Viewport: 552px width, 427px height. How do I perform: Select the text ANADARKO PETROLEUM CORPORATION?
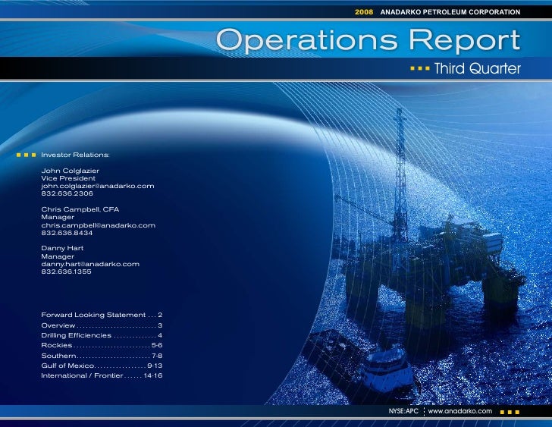(x=450, y=12)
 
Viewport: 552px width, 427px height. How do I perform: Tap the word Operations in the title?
(x=303, y=40)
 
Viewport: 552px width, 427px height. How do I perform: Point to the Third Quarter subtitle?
(x=476, y=69)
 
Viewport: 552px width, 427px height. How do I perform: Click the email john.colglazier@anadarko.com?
(x=98, y=186)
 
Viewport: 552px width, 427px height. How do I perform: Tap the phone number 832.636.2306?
(x=67, y=193)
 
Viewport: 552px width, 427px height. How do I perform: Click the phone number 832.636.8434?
(x=67, y=233)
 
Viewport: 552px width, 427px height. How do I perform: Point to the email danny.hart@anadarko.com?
(x=90, y=264)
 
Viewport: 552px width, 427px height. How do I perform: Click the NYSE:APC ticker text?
(x=403, y=410)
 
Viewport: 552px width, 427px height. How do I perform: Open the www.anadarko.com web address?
(x=460, y=410)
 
